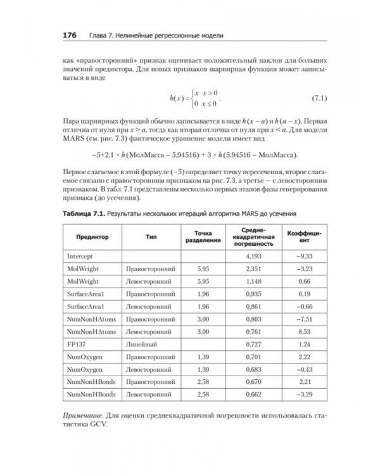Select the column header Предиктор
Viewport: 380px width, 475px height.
[92, 236]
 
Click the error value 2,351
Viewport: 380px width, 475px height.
[254, 269]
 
